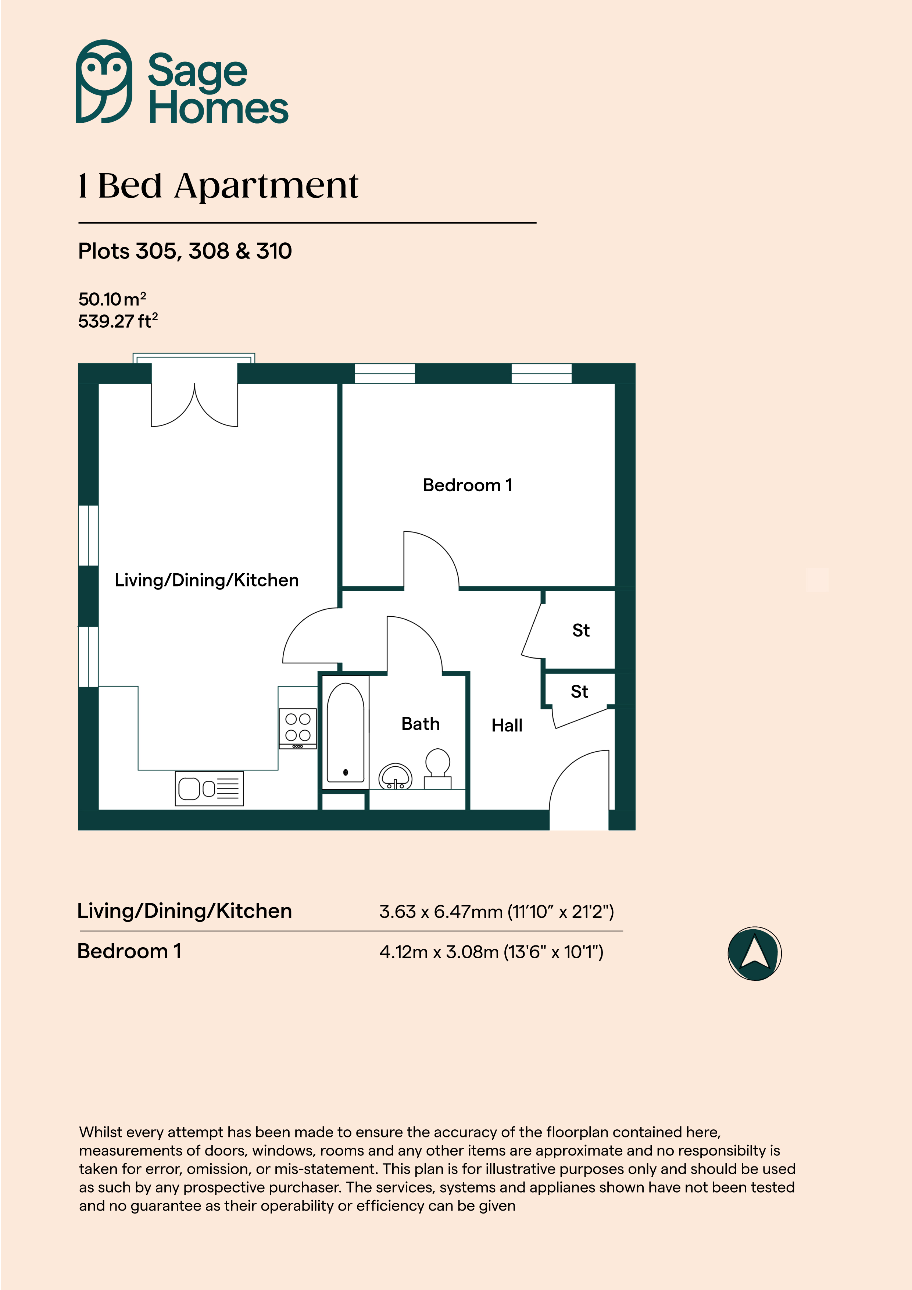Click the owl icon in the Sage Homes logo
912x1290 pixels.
pyautogui.click(x=104, y=82)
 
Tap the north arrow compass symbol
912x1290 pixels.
pyautogui.click(x=754, y=954)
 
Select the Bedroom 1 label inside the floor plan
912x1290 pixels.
pyautogui.click(x=467, y=485)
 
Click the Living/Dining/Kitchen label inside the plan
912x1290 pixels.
pyautogui.click(x=207, y=580)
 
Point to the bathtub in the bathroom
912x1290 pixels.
pyautogui.click(x=346, y=732)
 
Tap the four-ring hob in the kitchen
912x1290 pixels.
pyautogui.click(x=298, y=728)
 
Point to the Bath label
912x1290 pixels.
pyautogui.click(x=420, y=724)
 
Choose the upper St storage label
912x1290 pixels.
pyautogui.click(x=581, y=630)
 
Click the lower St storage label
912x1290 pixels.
pyautogui.click(x=579, y=692)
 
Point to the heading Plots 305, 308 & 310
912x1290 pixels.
pyautogui.click(x=185, y=251)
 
